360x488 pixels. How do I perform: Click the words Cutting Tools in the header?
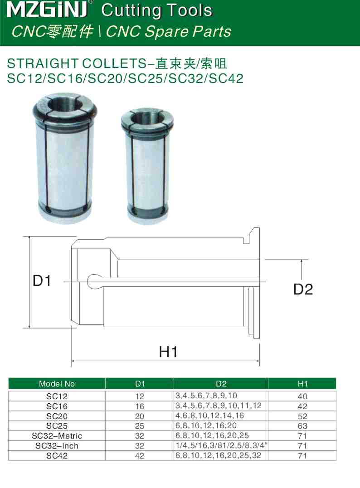tap(157, 10)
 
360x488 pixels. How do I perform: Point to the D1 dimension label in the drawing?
tap(42, 281)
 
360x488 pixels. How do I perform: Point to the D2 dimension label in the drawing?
tap(303, 289)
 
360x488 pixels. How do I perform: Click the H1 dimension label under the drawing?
tap(168, 351)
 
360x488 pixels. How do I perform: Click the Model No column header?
tap(57, 384)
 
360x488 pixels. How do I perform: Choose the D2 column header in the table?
tap(221, 384)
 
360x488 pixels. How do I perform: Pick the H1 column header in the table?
tap(302, 384)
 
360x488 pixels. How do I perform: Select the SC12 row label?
tap(57, 396)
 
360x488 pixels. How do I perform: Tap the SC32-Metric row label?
tap(57, 436)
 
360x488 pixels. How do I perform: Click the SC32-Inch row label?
tap(57, 446)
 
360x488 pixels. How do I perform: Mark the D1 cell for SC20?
tap(139, 416)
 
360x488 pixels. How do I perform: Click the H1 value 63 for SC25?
tap(302, 426)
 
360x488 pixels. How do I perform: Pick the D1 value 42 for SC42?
tap(139, 456)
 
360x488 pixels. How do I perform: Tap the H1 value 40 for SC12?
tap(302, 396)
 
